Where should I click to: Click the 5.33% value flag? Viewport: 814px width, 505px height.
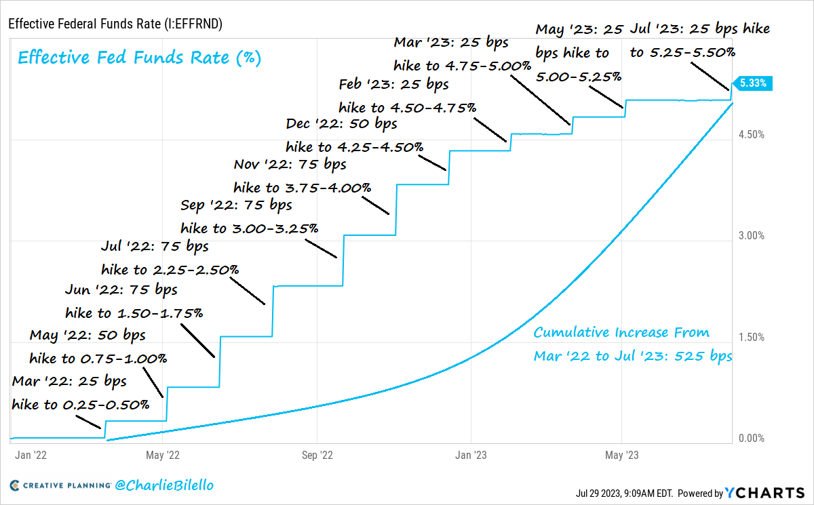click(x=754, y=84)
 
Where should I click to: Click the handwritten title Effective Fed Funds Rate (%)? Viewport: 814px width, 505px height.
click(x=139, y=57)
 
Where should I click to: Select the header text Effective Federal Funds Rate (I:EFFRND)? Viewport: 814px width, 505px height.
click(x=115, y=24)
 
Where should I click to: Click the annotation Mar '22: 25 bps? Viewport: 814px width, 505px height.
click(x=69, y=382)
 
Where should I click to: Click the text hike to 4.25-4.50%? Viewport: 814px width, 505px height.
click(x=355, y=146)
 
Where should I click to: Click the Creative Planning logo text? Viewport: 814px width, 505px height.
click(x=60, y=485)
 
